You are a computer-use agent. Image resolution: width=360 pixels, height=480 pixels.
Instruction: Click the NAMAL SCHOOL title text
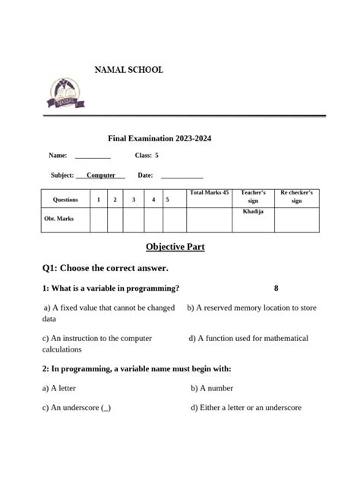click(x=128, y=70)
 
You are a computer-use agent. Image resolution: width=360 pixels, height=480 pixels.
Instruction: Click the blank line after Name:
click(x=93, y=156)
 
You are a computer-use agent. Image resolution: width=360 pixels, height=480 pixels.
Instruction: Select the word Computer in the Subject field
click(x=101, y=175)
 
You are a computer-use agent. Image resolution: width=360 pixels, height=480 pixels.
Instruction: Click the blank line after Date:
click(x=182, y=176)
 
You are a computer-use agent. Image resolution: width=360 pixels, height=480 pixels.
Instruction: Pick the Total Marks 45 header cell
click(x=209, y=194)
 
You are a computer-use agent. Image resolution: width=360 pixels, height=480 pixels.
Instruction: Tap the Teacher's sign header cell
click(x=253, y=197)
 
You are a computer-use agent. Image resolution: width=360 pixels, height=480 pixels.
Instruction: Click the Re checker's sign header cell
click(x=296, y=197)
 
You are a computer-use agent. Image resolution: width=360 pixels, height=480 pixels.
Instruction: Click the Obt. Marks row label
click(x=58, y=219)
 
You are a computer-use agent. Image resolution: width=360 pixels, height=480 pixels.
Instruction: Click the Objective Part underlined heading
click(x=175, y=247)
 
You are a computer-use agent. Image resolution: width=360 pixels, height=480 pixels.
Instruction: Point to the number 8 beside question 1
click(x=276, y=289)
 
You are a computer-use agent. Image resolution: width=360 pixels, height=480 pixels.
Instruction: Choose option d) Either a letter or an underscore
click(x=246, y=408)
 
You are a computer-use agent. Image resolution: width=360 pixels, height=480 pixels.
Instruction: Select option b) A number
click(x=215, y=388)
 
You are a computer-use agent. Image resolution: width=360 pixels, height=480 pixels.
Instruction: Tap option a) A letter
click(x=59, y=388)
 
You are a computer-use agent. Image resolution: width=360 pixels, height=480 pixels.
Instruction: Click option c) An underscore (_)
click(x=77, y=408)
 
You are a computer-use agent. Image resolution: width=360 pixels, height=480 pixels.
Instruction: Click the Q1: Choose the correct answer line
click(x=106, y=268)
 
